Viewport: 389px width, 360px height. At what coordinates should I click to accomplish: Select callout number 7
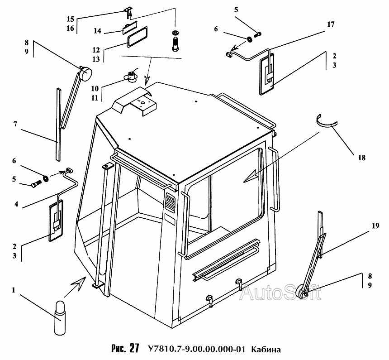coord(15,124)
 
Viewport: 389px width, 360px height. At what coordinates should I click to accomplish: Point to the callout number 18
coord(361,158)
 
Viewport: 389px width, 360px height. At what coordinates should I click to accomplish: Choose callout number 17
coord(331,24)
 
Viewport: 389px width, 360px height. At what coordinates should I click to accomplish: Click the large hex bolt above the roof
coord(175,44)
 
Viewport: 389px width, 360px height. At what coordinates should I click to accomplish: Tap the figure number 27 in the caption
coord(133,349)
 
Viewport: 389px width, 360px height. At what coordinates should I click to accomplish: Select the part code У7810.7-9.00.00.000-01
coord(196,349)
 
